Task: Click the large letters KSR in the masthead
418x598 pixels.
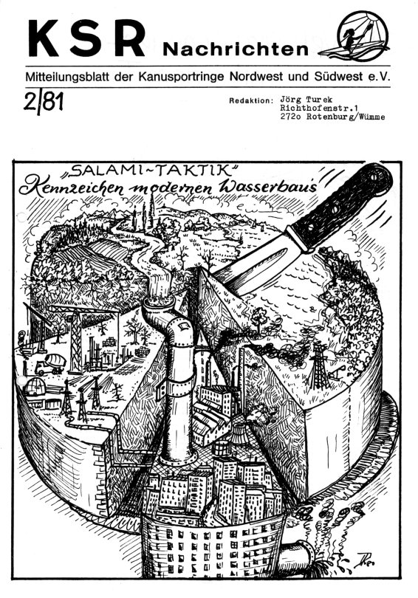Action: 86,38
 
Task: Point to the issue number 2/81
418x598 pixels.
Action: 43,103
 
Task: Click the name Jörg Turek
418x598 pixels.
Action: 306,100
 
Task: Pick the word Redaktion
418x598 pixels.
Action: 251,101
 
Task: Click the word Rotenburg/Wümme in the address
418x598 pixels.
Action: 346,117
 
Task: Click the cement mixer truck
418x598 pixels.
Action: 50,363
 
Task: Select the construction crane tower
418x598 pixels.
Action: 75,340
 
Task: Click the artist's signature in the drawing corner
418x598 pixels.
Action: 365,559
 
